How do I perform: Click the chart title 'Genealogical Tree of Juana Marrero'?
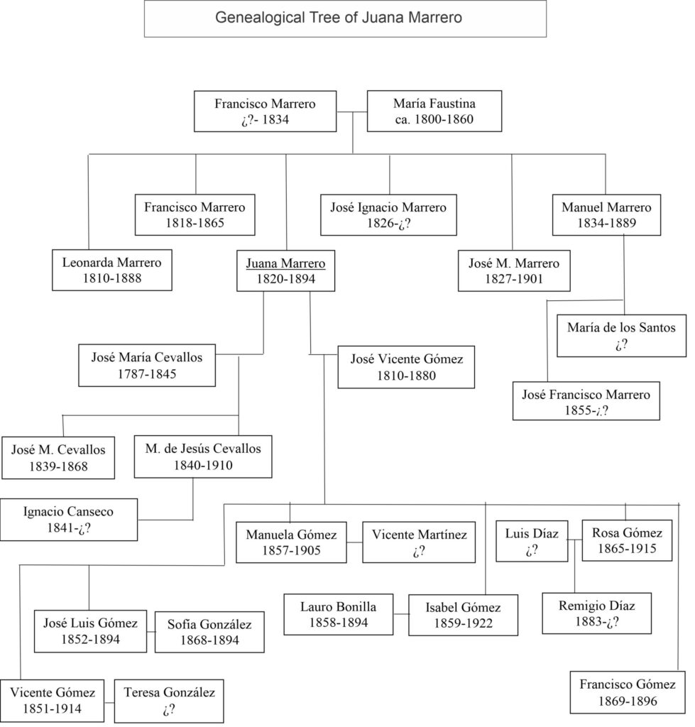[x=345, y=18]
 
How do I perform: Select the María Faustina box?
[x=434, y=111]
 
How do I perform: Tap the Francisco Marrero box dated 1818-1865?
[x=195, y=215]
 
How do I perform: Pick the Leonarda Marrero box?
[x=111, y=270]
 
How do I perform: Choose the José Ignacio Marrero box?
[x=388, y=215]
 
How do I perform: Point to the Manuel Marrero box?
[x=606, y=215]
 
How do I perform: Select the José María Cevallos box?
[x=146, y=366]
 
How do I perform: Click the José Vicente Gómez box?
[x=406, y=367]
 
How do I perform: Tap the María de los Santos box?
[x=621, y=336]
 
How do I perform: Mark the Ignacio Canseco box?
[x=68, y=519]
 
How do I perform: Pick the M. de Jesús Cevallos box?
[x=202, y=457]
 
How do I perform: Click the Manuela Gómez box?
[x=291, y=542]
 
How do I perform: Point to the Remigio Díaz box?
[x=596, y=614]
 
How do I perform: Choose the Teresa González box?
[x=169, y=700]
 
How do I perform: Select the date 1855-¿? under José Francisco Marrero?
[x=586, y=410]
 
